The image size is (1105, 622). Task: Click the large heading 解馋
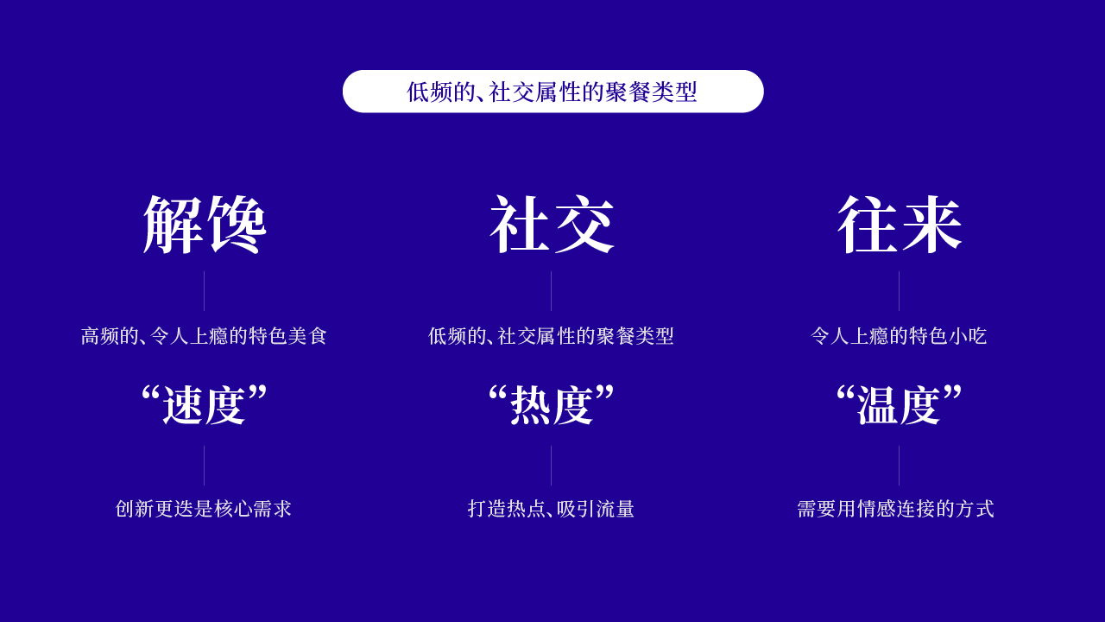pyautogui.click(x=205, y=225)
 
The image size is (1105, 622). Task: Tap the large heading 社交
pyautogui.click(x=552, y=225)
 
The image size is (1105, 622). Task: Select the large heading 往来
pyautogui.click(x=900, y=225)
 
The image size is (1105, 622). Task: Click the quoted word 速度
pyautogui.click(x=205, y=405)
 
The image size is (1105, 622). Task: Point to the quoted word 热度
pyautogui.click(x=552, y=405)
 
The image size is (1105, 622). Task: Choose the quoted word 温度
pyautogui.click(x=900, y=405)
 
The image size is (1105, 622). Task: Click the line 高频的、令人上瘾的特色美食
pyautogui.click(x=205, y=336)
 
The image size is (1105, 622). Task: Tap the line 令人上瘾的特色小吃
pyautogui.click(x=899, y=336)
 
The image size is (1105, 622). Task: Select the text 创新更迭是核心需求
pyautogui.click(x=204, y=509)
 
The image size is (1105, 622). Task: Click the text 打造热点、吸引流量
pyautogui.click(x=551, y=509)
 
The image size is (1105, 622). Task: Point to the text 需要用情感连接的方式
pyautogui.click(x=895, y=509)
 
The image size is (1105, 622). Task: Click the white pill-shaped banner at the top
pyautogui.click(x=552, y=92)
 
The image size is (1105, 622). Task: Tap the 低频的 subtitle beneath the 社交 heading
pyautogui.click(x=551, y=336)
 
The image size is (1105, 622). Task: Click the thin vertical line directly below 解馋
pyautogui.click(x=204, y=291)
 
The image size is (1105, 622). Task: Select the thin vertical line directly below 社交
pyautogui.click(x=551, y=291)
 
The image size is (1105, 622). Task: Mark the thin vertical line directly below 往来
pyautogui.click(x=899, y=291)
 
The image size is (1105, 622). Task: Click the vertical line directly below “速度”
pyautogui.click(x=204, y=466)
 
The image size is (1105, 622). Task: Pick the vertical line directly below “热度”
pyautogui.click(x=551, y=466)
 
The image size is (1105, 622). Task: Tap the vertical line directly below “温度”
pyautogui.click(x=899, y=466)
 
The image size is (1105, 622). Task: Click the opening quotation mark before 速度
pyautogui.click(x=151, y=395)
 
